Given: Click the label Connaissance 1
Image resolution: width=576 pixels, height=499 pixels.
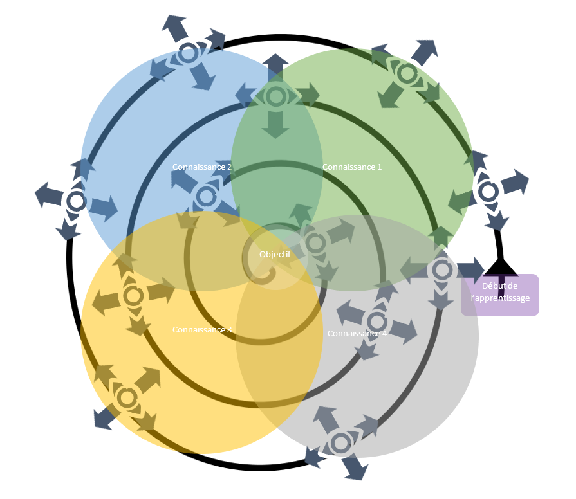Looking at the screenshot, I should point(352,167).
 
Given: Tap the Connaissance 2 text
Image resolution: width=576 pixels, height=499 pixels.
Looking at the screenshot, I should point(202,167).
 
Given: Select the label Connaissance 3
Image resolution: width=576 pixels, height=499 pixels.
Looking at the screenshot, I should point(202,329).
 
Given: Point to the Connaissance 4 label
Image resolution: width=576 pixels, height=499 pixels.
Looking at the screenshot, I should point(357,333).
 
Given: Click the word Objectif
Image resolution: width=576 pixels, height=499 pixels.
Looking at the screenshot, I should point(275,254).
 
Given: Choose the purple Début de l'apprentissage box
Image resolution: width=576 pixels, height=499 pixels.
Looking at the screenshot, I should point(500,295).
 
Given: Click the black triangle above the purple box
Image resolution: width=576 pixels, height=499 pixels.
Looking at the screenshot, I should point(500,266).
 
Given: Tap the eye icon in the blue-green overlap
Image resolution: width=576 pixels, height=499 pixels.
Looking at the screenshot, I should point(276,96).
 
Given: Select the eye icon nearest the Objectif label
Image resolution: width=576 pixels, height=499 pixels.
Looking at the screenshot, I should point(315,243).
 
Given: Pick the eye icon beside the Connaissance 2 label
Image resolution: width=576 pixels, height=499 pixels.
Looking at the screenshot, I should point(206,196).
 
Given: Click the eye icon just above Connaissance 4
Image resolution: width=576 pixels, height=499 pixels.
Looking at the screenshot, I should point(376,321).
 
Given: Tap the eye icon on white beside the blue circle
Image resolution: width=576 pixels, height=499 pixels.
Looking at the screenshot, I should point(76,201).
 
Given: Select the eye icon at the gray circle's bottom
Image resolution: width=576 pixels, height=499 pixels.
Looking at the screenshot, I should point(340,442).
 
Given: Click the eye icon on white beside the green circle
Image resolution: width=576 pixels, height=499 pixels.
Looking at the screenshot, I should point(488,191).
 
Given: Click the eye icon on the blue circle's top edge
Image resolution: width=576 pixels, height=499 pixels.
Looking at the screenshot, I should point(188,53).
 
